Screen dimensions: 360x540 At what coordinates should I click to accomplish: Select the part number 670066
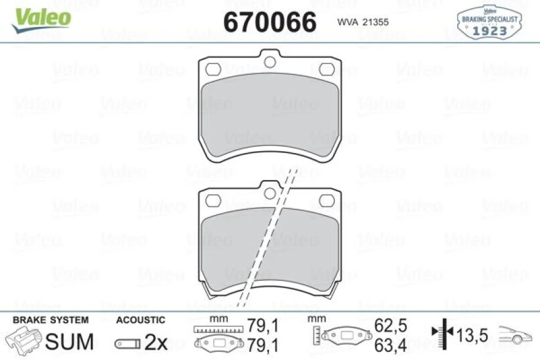pyautogui.click(x=270, y=23)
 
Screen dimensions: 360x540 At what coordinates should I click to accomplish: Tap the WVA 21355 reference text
pyautogui.click(x=363, y=23)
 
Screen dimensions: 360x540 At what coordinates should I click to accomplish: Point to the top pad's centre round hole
pyautogui.click(x=270, y=61)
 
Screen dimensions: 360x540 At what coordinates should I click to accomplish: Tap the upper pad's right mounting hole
pyautogui.click(x=326, y=68)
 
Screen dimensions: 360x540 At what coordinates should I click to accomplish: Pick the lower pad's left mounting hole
pyautogui.click(x=214, y=200)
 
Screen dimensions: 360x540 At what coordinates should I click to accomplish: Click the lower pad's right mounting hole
pyautogui.click(x=326, y=200)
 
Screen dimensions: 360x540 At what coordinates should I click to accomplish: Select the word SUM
pyautogui.click(x=70, y=342)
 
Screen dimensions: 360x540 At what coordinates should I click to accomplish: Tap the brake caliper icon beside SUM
pyautogui.click(x=25, y=341)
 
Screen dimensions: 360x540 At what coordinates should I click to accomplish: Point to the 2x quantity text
pyautogui.click(x=156, y=342)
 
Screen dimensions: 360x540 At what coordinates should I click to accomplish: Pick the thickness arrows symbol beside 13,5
pyautogui.click(x=443, y=336)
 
